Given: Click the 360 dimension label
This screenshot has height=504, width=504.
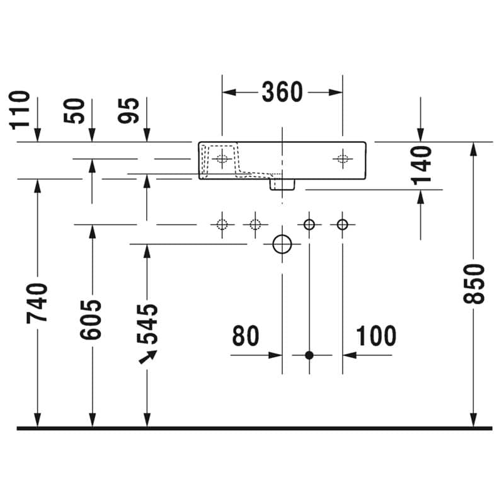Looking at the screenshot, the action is [x=282, y=92].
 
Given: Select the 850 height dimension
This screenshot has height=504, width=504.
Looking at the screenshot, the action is [x=474, y=284].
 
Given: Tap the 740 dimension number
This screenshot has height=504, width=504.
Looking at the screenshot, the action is [x=37, y=303].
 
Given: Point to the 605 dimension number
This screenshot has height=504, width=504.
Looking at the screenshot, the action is [x=91, y=319].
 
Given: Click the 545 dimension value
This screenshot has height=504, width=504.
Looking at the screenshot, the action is [x=147, y=324].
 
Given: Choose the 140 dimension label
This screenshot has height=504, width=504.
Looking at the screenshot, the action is [x=421, y=166].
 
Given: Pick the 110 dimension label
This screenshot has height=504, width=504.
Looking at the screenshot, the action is [x=20, y=110].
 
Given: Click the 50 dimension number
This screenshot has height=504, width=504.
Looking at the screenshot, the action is [x=74, y=111].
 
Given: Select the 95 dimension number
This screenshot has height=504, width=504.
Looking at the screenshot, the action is [x=129, y=111].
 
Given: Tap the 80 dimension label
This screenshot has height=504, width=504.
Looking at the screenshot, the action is [x=246, y=336].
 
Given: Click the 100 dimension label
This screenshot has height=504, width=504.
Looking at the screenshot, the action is [x=376, y=336].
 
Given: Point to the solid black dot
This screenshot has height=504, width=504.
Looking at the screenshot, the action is [x=309, y=355].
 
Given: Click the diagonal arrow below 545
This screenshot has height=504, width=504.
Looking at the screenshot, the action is [x=148, y=357].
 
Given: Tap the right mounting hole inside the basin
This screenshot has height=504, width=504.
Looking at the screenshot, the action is [x=343, y=159].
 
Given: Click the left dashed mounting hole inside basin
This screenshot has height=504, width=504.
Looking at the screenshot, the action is [x=222, y=159].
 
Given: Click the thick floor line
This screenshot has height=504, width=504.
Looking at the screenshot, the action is [x=255, y=428].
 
